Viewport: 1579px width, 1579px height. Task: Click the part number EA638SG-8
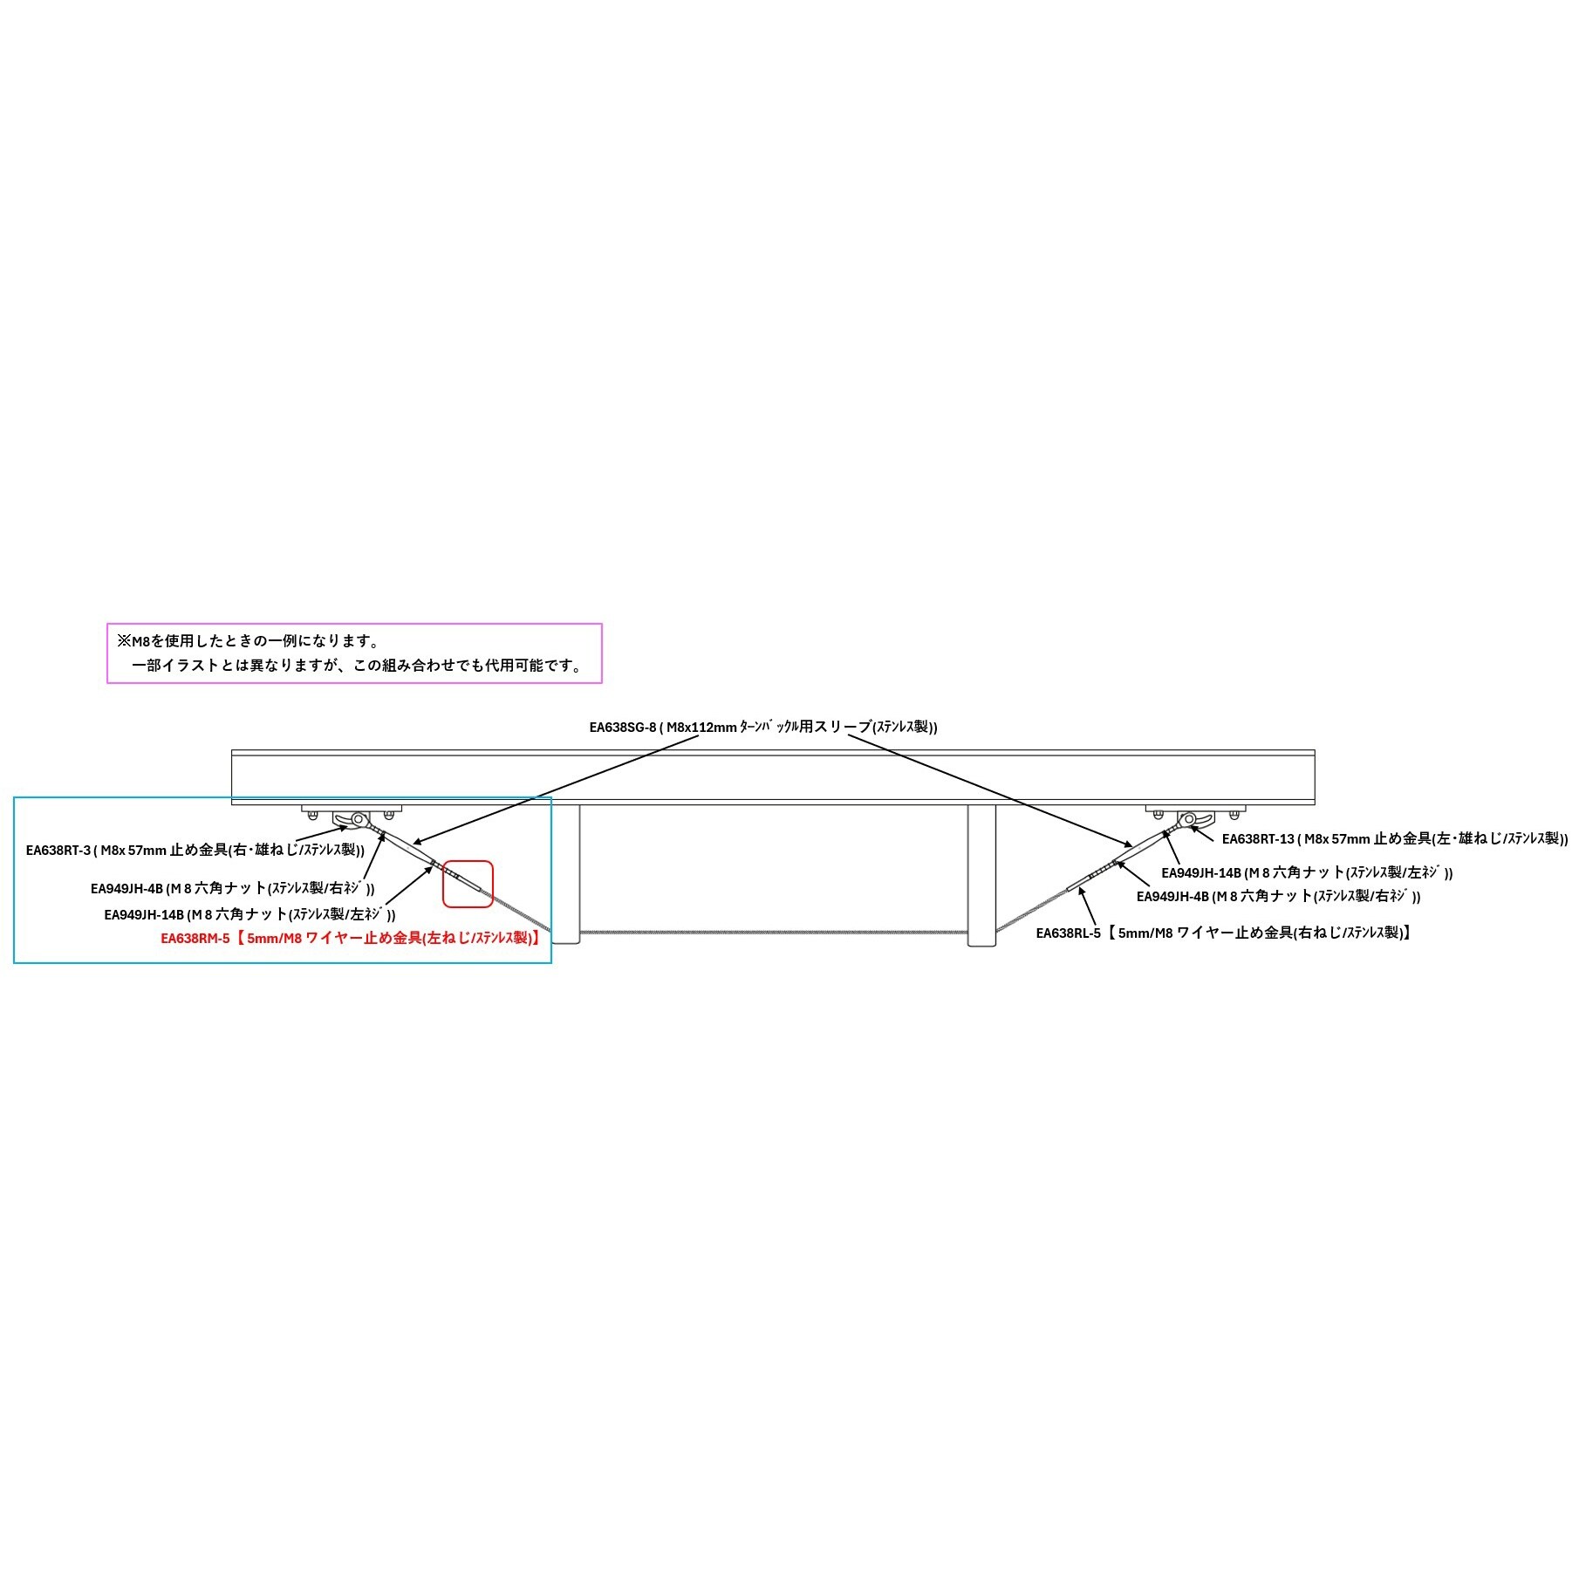pos(622,728)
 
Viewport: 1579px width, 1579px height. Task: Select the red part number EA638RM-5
pos(195,939)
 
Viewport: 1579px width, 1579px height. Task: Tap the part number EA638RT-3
pos(58,851)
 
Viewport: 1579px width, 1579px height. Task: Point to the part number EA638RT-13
pos(1258,839)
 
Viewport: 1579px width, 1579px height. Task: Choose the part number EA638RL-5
pos(1068,933)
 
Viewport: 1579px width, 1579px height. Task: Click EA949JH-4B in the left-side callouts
pos(126,889)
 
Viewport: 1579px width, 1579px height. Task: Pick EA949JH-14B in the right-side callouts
pos(1200,872)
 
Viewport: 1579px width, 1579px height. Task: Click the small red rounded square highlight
pos(468,884)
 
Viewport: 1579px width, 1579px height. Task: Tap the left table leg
pos(566,873)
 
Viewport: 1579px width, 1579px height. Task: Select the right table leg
pos(981,873)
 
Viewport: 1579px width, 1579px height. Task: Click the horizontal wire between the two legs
pos(774,933)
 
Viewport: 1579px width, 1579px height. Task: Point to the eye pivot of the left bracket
pos(358,819)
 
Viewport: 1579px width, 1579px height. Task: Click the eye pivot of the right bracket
pos(1186,819)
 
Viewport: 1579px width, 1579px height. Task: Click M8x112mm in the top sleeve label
pos(701,728)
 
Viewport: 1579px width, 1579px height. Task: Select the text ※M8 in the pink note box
pos(133,641)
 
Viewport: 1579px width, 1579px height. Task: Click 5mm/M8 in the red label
pos(274,939)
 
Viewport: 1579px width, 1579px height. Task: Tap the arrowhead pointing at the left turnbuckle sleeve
pos(416,843)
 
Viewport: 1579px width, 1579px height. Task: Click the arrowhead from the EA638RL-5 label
pos(1082,890)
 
